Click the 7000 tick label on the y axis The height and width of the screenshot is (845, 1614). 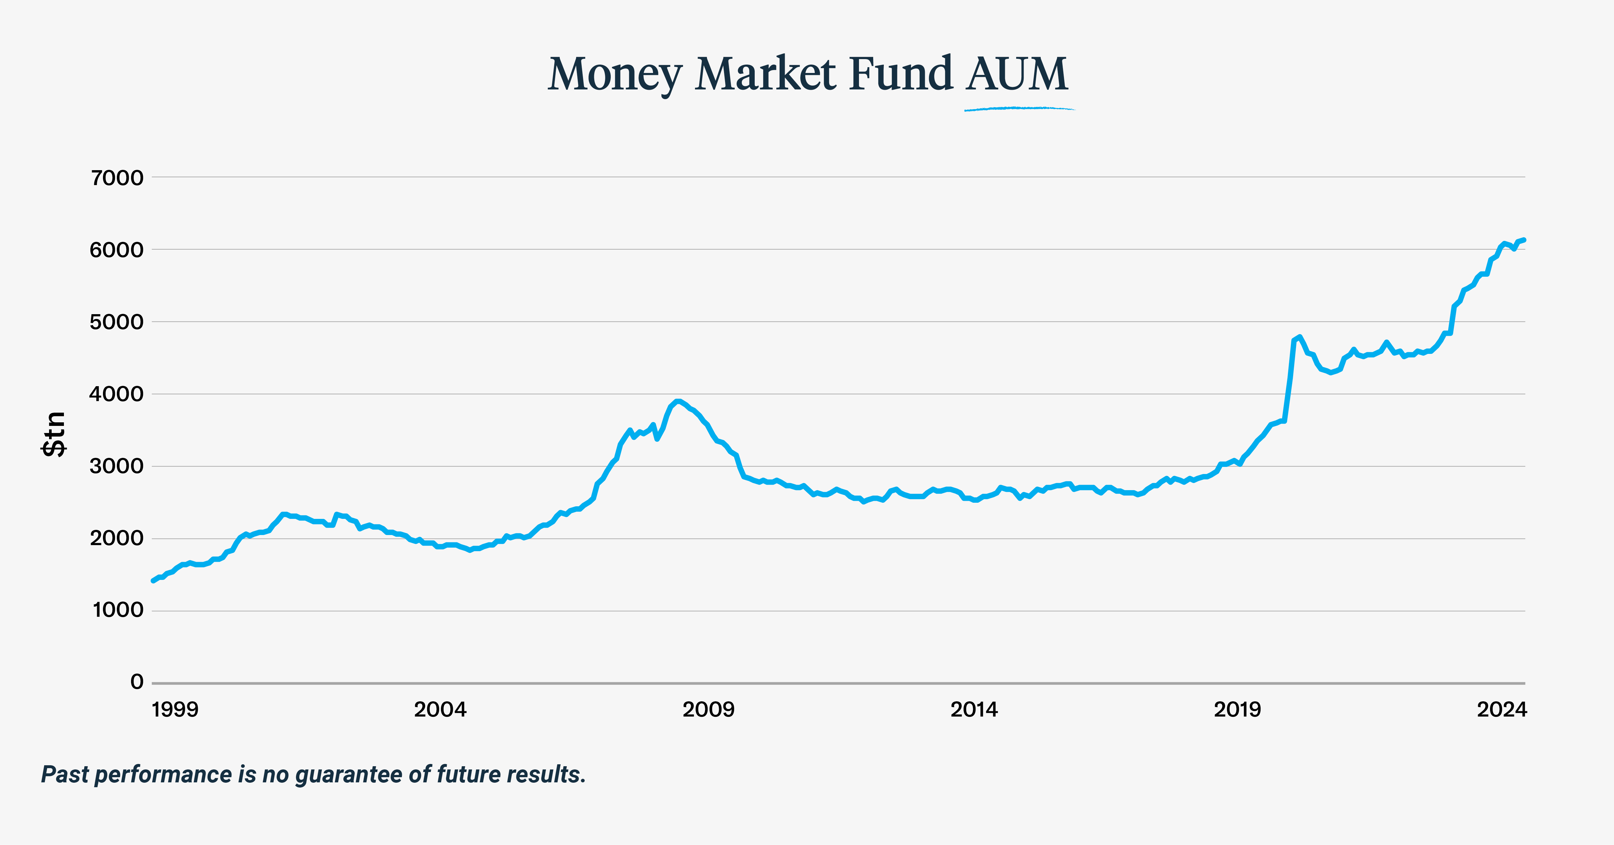(x=117, y=178)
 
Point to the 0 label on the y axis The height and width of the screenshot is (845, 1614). (x=137, y=682)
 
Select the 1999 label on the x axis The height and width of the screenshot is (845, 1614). (x=175, y=710)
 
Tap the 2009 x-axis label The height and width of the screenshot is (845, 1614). (x=708, y=710)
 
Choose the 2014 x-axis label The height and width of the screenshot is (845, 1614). (x=974, y=710)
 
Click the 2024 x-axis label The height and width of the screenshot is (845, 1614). (x=1502, y=710)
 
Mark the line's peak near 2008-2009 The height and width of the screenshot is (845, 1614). (x=677, y=401)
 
